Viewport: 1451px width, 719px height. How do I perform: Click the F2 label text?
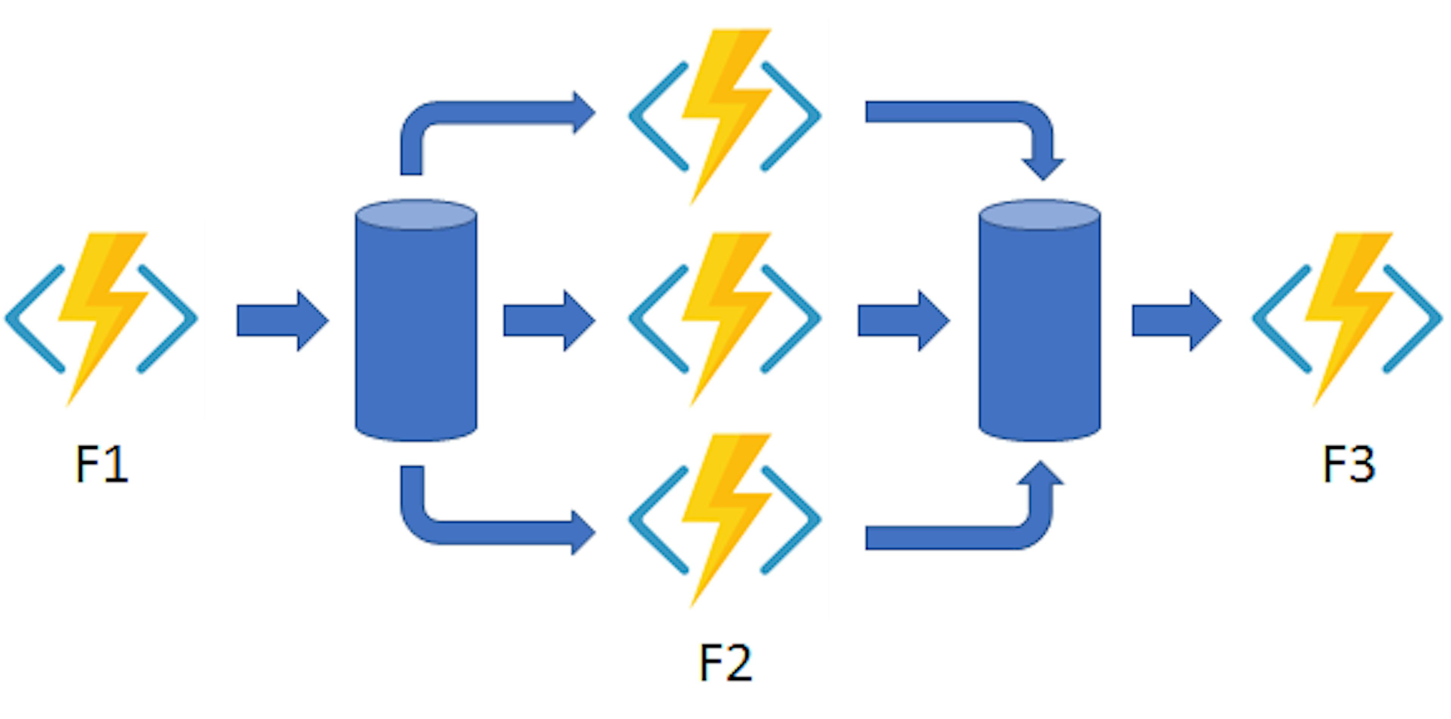click(725, 663)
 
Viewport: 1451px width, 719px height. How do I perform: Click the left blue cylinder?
click(416, 332)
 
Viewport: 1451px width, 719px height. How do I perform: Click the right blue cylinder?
click(1039, 332)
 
